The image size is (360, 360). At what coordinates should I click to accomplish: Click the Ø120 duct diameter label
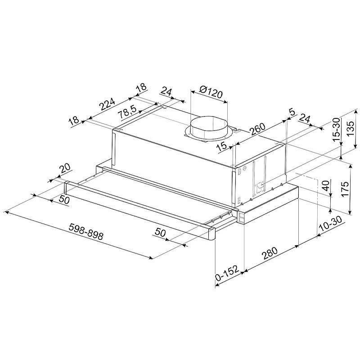[x=211, y=92]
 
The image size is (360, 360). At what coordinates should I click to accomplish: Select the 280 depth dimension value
[x=270, y=253]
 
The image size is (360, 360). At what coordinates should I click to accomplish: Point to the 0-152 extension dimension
[x=227, y=274]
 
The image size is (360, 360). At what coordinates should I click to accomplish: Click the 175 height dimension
[x=345, y=189]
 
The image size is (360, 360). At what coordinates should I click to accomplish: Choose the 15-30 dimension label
[x=336, y=129]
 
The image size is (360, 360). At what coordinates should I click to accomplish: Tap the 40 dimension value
[x=326, y=184]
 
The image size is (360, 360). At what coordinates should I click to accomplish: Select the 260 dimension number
[x=257, y=129]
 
